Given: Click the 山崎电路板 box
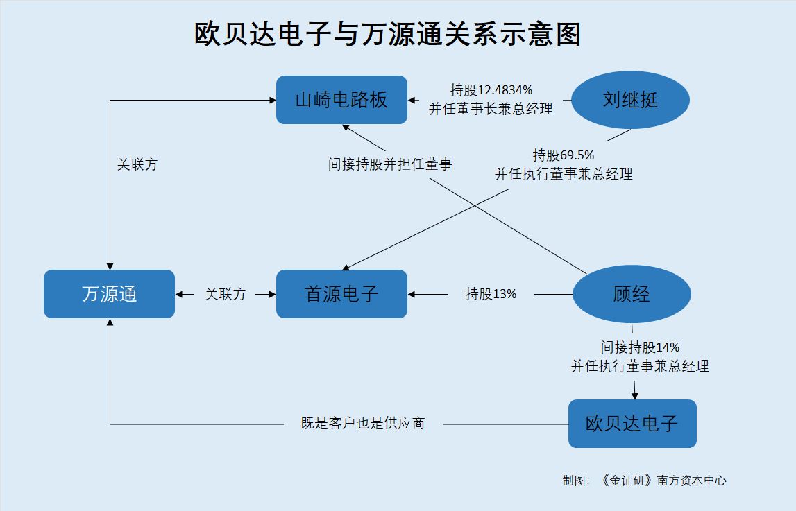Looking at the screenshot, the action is (341, 100).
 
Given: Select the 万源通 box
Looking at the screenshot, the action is (109, 294).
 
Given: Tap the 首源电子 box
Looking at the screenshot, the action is (341, 294).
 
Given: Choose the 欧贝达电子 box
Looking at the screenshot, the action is (632, 424).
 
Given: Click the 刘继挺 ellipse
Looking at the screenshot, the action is (631, 100).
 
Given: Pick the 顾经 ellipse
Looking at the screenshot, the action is (632, 294).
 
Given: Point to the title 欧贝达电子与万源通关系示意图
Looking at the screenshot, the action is (388, 35).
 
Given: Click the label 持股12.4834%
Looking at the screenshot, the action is (491, 90).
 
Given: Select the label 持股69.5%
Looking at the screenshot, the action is (564, 155).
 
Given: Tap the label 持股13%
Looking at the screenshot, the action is (491, 294).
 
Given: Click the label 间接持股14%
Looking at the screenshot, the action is (640, 347).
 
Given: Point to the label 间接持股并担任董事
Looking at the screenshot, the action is (390, 164).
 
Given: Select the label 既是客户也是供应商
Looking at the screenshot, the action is (363, 424).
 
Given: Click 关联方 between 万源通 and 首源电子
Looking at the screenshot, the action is (226, 294).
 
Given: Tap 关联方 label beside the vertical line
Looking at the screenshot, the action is (137, 165).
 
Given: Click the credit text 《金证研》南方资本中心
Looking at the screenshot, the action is (663, 480).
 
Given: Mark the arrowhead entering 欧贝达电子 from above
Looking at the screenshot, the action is (634, 396).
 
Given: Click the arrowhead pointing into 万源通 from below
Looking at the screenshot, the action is (110, 322).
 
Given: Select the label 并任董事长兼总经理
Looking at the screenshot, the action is (491, 109).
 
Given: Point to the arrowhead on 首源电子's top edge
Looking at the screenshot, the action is (346, 267).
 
